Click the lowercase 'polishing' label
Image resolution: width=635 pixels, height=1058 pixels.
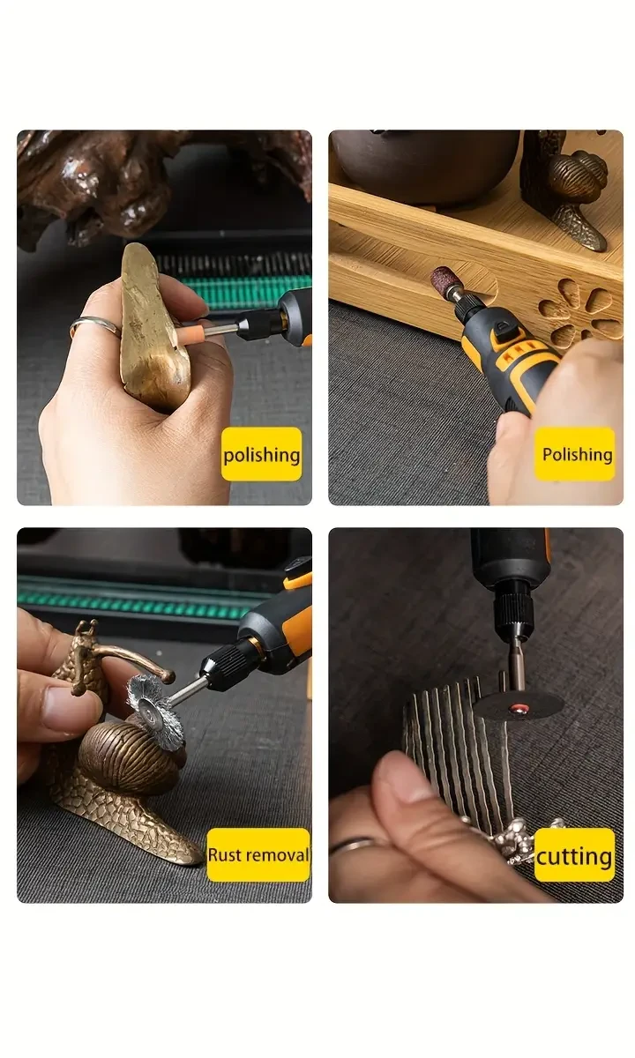(x=261, y=455)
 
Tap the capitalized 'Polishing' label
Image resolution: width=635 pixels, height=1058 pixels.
(x=577, y=454)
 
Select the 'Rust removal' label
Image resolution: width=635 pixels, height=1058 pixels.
(x=258, y=854)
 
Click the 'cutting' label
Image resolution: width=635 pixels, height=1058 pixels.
(x=574, y=855)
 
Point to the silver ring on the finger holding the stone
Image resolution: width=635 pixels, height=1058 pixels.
(x=94, y=327)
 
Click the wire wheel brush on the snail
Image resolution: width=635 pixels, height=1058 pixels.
(x=154, y=706)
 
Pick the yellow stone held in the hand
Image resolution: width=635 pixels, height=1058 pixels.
(x=152, y=326)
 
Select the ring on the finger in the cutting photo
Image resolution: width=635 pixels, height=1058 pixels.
(x=353, y=847)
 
